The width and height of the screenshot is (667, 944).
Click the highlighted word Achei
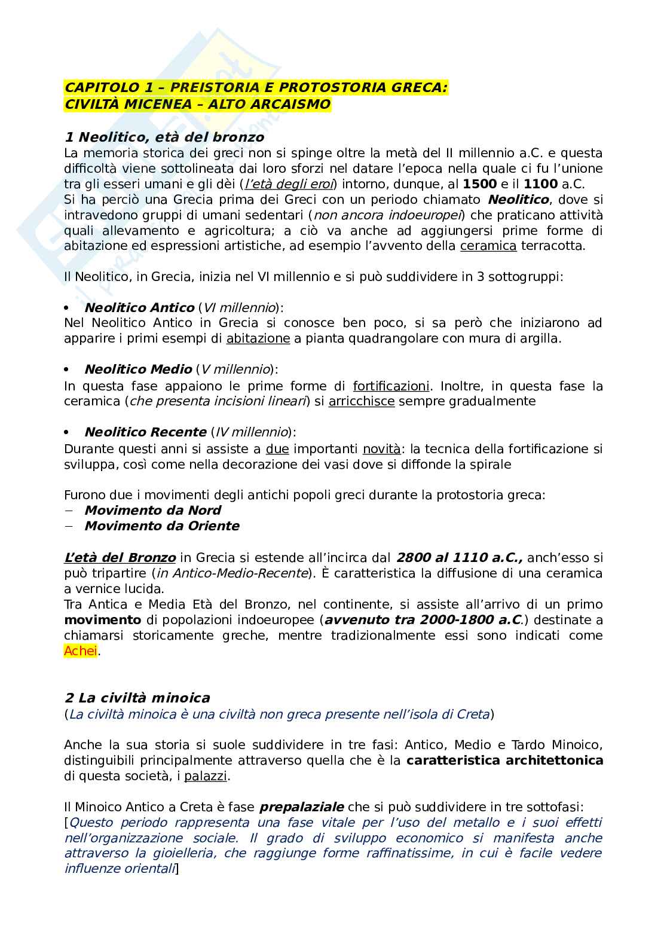click(x=80, y=651)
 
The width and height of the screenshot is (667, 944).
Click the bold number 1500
click(x=484, y=184)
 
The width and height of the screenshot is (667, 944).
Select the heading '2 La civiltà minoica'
click(x=137, y=698)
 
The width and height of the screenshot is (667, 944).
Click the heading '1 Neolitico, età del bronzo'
click(x=164, y=138)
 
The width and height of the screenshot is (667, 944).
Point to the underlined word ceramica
click(x=488, y=246)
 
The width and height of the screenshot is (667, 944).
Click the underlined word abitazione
click(x=258, y=339)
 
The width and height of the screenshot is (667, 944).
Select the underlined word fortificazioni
click(x=391, y=386)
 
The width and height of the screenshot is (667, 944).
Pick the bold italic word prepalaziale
click(x=303, y=807)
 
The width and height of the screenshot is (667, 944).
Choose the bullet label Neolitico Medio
click(x=138, y=370)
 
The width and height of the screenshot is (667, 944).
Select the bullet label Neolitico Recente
click(x=145, y=432)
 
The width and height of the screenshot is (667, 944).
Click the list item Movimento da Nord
click(x=152, y=510)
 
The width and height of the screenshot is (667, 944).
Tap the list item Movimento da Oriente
click(x=161, y=526)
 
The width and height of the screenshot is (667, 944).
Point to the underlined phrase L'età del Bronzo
click(x=120, y=558)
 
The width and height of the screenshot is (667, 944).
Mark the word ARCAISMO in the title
click(x=285, y=103)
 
